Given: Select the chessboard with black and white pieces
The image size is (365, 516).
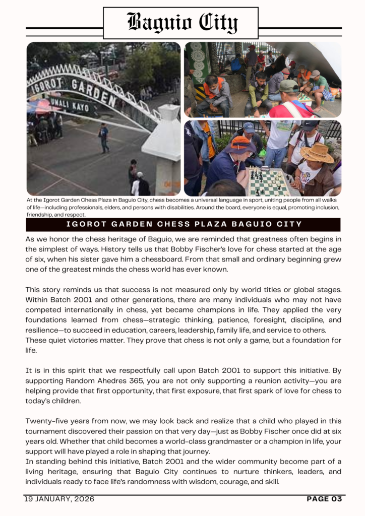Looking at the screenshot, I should (268, 182).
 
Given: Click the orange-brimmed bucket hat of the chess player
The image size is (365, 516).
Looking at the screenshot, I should (239, 146).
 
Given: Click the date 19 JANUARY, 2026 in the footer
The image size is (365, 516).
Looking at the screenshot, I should (59, 499).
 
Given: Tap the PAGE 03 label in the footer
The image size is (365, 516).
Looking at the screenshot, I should (324, 499).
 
